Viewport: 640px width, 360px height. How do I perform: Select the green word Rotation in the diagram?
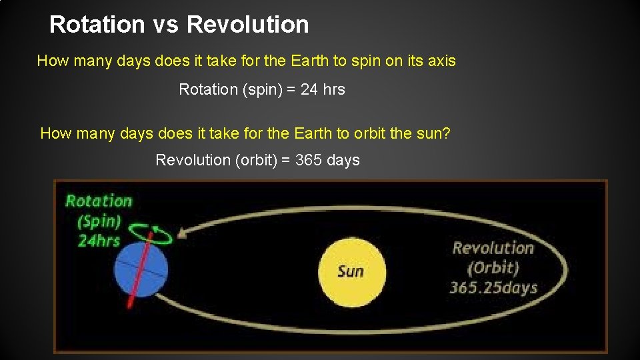tap(99, 201)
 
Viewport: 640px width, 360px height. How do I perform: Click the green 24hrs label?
tap(99, 241)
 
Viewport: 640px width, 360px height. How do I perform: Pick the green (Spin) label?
tap(99, 221)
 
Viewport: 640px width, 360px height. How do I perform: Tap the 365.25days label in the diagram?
tap(493, 288)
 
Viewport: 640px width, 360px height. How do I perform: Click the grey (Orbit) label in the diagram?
tap(493, 268)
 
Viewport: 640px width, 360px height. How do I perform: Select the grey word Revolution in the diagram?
tap(493, 248)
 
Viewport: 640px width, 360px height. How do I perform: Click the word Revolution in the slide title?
tap(248, 25)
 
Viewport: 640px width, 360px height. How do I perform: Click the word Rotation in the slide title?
tap(97, 25)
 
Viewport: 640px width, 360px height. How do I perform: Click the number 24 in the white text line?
tap(309, 89)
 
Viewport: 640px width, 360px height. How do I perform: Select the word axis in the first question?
tap(441, 61)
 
